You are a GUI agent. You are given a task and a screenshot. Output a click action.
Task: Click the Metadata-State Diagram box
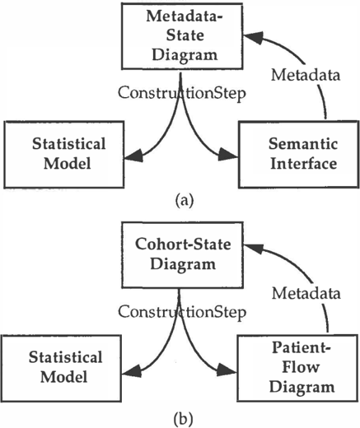coord(182,36)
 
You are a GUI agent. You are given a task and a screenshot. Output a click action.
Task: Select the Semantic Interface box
coord(299,155)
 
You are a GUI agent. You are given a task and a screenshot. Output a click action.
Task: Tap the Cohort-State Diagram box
coord(182,255)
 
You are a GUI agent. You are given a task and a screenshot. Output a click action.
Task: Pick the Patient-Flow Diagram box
coord(297,368)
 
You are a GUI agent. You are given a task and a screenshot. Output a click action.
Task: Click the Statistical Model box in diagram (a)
coord(64,155)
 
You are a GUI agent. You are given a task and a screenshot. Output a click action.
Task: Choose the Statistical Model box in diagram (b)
coord(61,369)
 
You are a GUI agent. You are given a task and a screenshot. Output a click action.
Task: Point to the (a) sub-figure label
coord(185,201)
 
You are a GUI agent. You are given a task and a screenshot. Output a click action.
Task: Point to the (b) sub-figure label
coord(184,419)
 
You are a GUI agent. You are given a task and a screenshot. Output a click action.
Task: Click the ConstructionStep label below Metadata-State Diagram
coord(182,93)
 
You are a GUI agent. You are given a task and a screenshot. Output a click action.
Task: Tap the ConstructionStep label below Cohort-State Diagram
coord(182,312)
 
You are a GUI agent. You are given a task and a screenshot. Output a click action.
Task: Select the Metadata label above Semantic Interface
coord(306,75)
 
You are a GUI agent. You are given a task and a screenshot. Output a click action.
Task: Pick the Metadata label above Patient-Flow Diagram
coord(306,293)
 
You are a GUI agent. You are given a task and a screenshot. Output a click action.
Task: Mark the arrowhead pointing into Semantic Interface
coord(228,155)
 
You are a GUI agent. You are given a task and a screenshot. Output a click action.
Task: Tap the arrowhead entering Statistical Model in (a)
coord(134,156)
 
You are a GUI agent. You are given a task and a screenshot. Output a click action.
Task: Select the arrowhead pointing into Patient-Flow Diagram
coord(227,370)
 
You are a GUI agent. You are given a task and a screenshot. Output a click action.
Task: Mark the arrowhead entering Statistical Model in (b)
coord(132,371)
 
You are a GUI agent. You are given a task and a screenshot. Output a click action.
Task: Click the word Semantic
coord(303,143)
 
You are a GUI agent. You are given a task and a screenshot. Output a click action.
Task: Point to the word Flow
coord(301,367)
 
